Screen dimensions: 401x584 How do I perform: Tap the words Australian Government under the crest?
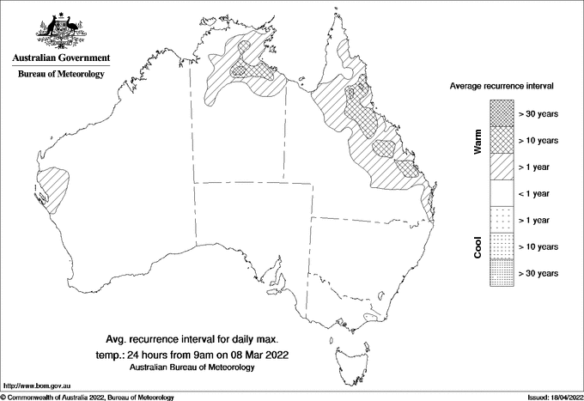(x=60, y=58)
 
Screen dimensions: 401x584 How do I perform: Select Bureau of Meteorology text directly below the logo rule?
(x=61, y=75)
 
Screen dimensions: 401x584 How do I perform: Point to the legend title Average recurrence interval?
(x=502, y=87)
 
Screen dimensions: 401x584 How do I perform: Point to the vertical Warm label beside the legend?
(x=478, y=142)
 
